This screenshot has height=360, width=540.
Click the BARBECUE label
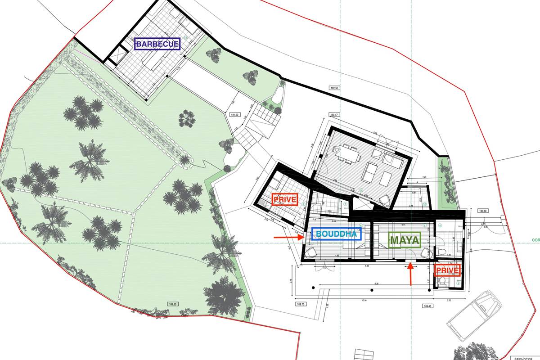157,44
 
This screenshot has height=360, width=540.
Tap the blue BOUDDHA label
336,234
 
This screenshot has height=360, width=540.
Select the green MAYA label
405,240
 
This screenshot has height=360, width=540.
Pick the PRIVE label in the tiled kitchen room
285,199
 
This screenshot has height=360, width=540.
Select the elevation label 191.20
234,115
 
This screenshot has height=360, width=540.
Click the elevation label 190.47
334,115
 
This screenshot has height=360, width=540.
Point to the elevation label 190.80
482,211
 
